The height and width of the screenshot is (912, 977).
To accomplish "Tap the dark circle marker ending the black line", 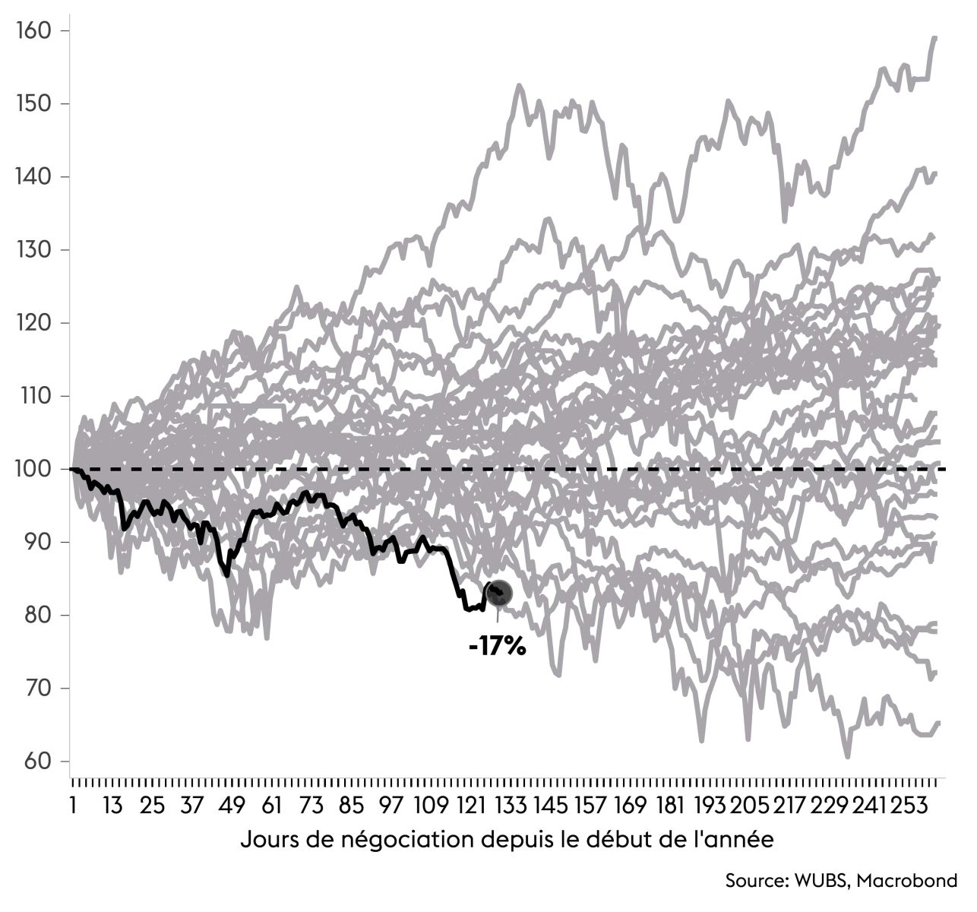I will [x=499, y=594].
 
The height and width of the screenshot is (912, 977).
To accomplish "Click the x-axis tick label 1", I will [x=73, y=806].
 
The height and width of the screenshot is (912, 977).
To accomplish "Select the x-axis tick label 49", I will [x=232, y=806].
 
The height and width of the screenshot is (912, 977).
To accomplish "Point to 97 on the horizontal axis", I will [x=390, y=806].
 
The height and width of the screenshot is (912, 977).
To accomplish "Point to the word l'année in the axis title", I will [x=737, y=841].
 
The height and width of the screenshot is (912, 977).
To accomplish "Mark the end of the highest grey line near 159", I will [x=934, y=37].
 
